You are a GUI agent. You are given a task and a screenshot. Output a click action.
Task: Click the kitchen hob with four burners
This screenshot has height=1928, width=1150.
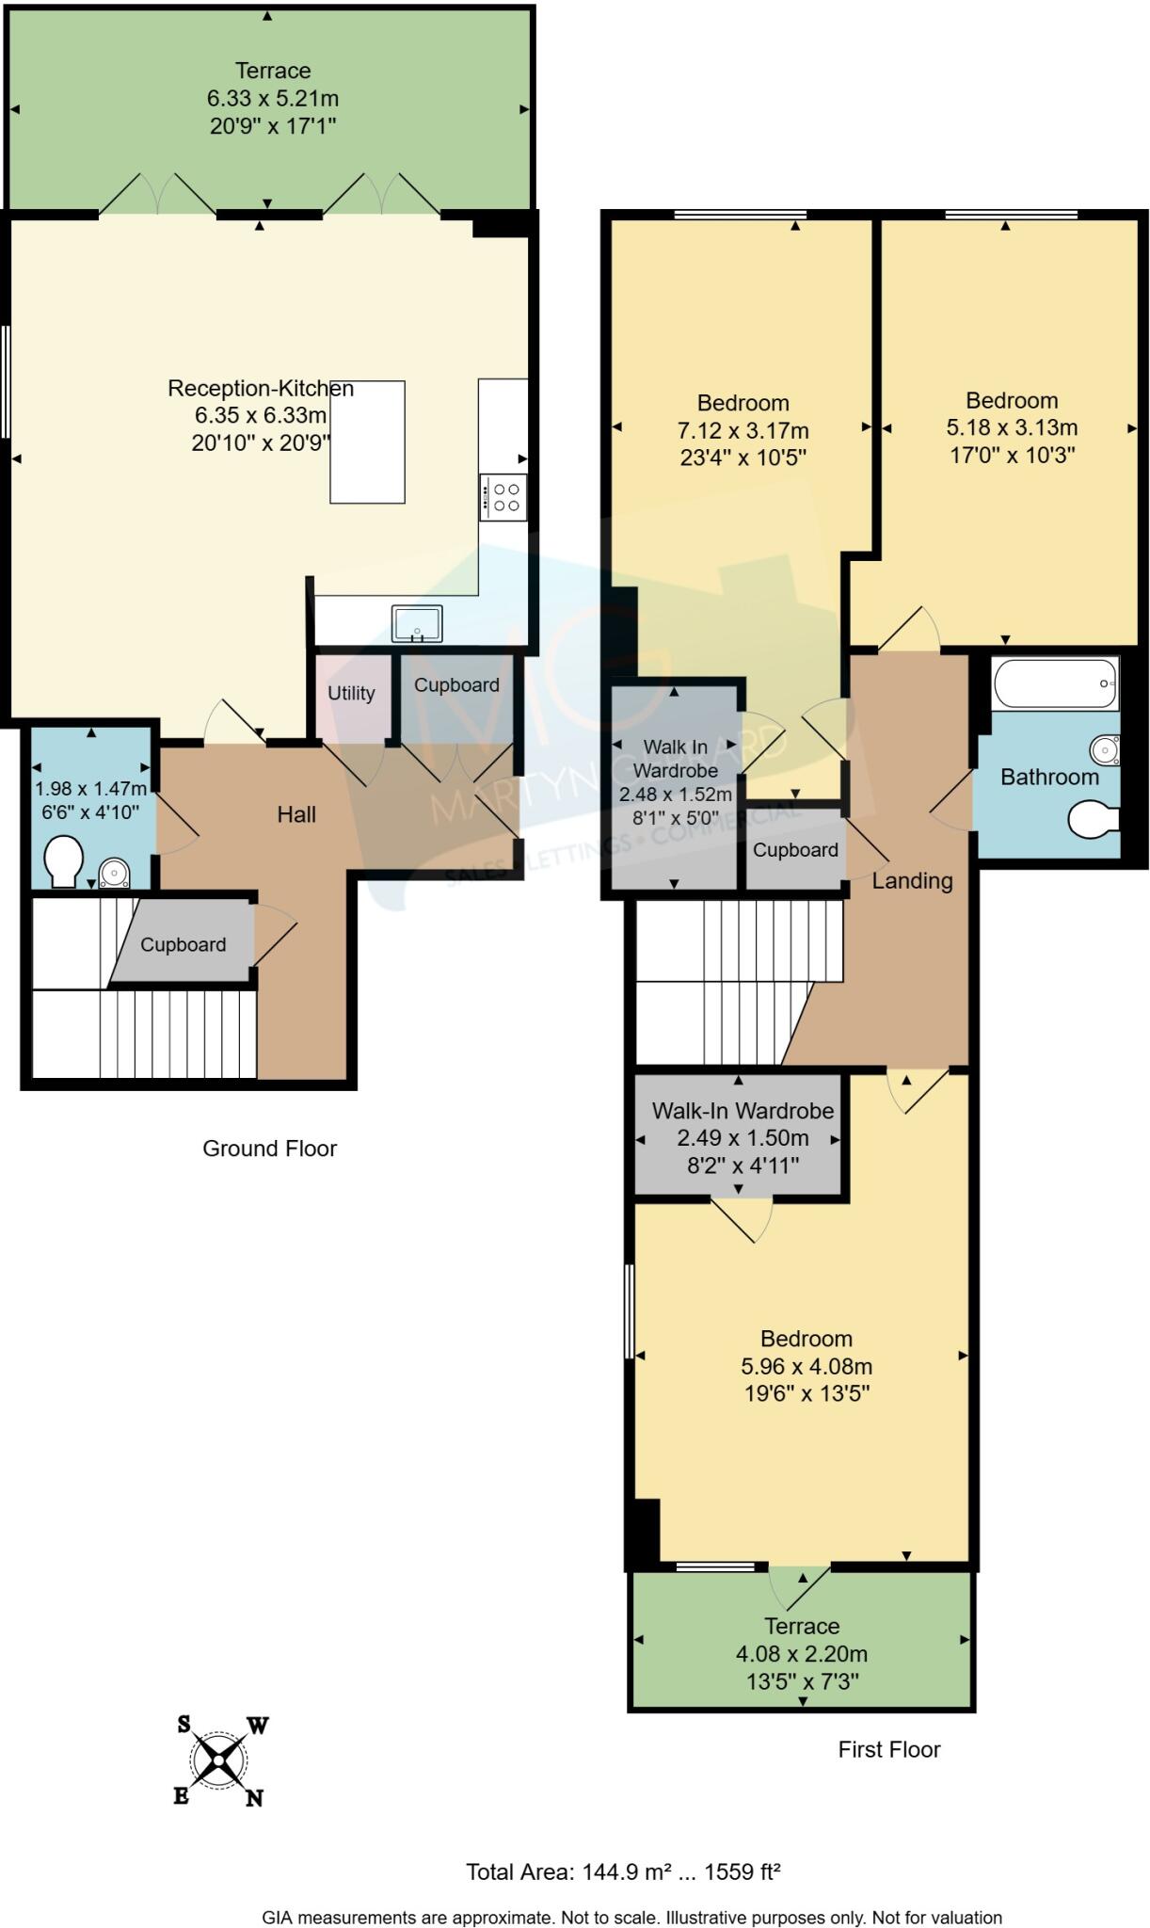(x=503, y=497)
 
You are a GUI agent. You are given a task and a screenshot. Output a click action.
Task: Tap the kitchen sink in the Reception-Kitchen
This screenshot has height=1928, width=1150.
(x=417, y=623)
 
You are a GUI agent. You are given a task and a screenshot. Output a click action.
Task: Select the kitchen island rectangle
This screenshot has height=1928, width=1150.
(x=367, y=442)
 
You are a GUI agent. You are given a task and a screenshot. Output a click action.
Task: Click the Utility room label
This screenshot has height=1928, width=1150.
(x=351, y=693)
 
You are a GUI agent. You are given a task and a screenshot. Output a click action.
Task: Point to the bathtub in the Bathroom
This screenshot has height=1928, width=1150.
(x=1055, y=682)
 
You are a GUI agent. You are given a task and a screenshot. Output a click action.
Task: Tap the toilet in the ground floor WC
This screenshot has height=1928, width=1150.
(x=64, y=860)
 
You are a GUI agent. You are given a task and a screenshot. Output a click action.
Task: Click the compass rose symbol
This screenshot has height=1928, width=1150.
(x=220, y=1760)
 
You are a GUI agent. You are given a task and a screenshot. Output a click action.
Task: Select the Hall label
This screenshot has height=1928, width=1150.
(x=296, y=814)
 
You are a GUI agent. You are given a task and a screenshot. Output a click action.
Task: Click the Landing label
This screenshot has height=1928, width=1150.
(x=912, y=880)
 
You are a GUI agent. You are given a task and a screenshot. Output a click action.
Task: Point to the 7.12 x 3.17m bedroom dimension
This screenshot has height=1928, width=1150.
(x=743, y=430)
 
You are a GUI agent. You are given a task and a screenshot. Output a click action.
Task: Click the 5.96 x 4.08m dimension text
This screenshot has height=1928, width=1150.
(x=807, y=1366)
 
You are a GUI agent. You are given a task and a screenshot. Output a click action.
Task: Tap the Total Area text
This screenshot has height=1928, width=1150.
(x=623, y=1872)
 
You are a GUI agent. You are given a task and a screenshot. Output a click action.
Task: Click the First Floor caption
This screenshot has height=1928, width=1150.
(x=888, y=1749)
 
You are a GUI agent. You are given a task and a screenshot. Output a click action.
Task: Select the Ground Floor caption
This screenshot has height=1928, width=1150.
(x=269, y=1148)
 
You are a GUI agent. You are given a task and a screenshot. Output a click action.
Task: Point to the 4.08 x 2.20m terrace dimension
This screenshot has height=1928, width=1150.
(x=801, y=1653)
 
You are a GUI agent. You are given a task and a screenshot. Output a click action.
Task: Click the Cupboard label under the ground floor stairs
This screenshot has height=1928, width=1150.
(x=183, y=944)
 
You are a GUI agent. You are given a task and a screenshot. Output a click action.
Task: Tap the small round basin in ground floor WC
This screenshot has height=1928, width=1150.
(x=115, y=875)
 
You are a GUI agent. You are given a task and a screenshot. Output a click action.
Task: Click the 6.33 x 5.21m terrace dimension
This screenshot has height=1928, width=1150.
(x=273, y=98)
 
